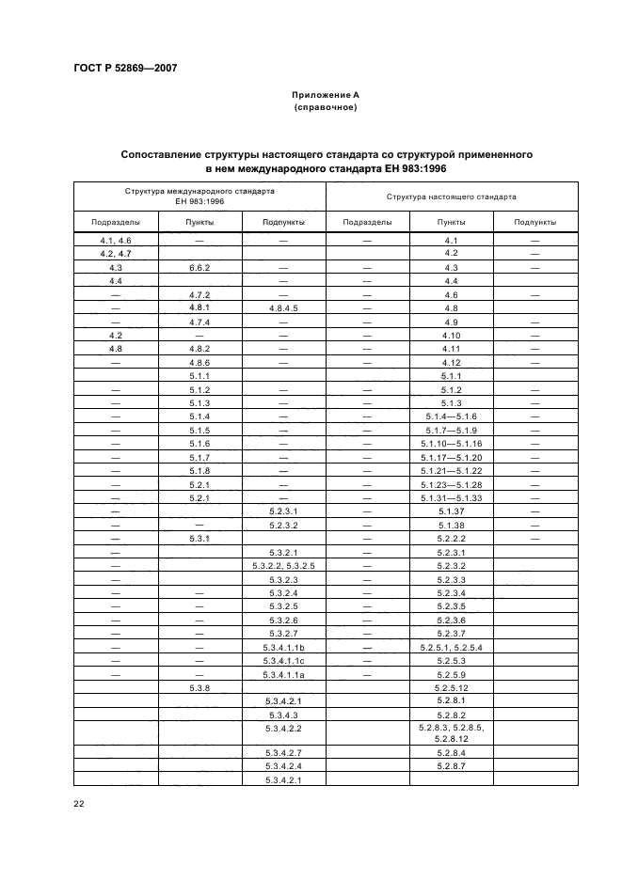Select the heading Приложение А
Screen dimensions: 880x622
point(325,95)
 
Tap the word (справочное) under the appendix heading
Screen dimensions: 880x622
point(325,107)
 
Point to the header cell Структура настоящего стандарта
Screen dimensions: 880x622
point(451,197)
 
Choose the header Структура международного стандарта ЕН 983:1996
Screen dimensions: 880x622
point(199,196)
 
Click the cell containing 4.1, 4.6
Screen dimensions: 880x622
point(115,241)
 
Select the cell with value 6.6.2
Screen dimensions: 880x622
point(199,267)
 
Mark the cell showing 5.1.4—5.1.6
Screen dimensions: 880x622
point(451,416)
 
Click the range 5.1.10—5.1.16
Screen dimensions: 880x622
point(451,443)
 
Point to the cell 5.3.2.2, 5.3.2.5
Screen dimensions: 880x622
point(283,566)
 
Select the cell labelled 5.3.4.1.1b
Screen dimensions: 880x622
point(283,648)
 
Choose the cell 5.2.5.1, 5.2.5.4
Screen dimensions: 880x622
point(451,648)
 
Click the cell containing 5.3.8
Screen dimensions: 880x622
point(199,688)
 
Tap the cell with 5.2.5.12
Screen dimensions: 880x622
point(451,688)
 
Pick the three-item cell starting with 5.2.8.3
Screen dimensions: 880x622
point(451,733)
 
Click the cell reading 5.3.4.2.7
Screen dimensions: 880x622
point(283,753)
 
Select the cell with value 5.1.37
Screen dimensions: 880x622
point(451,511)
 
